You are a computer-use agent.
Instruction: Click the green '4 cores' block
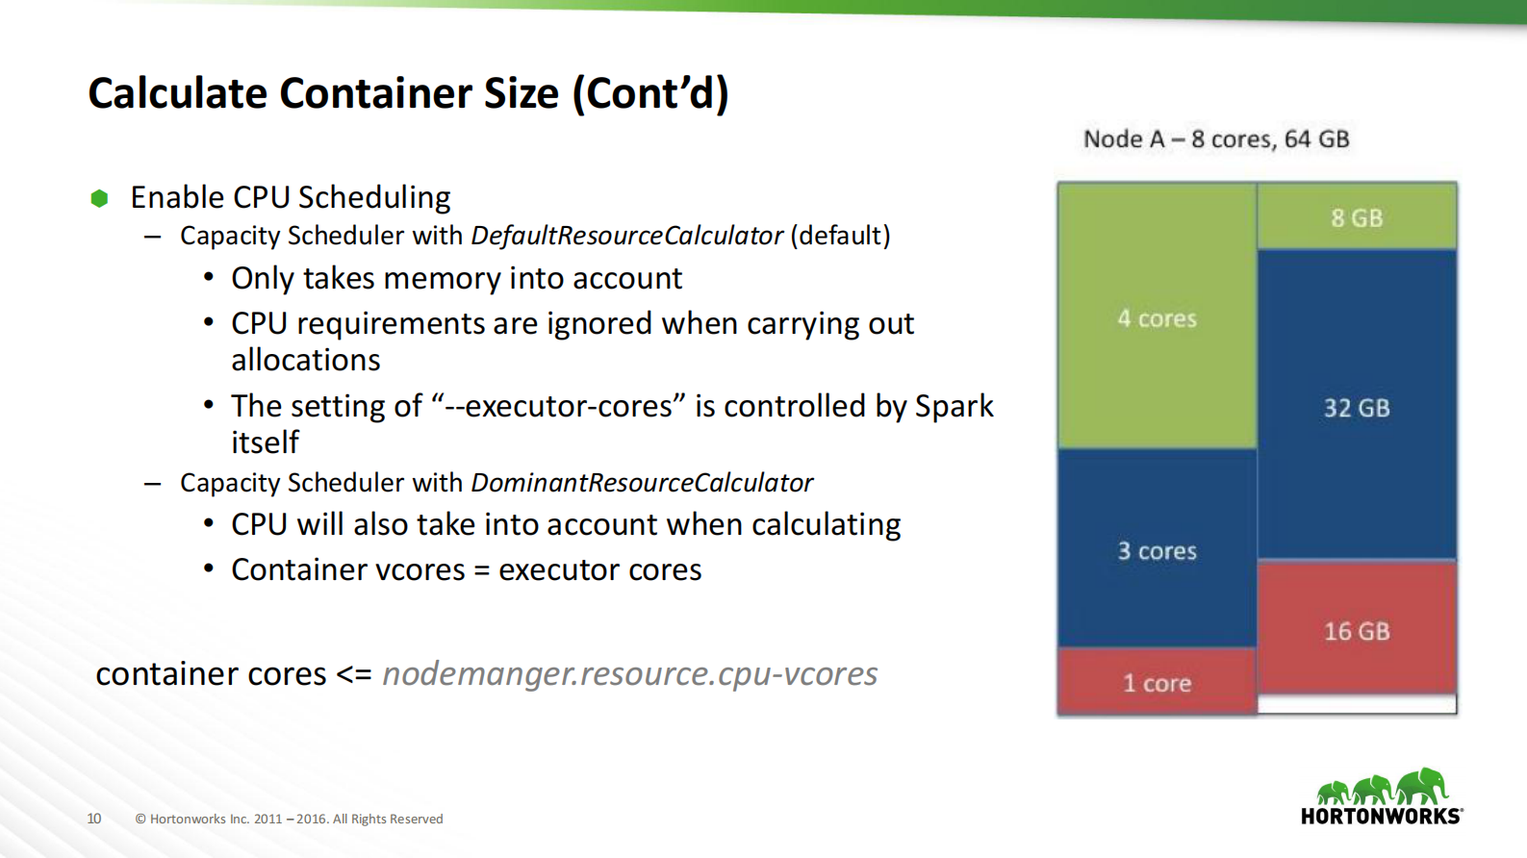tap(1157, 317)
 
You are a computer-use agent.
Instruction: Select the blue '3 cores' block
tap(1157, 550)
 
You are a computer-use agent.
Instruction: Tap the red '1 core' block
tap(1157, 683)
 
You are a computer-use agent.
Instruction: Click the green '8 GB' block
tap(1357, 217)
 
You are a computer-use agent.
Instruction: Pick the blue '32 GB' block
tap(1357, 407)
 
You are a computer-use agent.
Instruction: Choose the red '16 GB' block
tap(1357, 630)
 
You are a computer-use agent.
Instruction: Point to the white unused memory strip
tap(1357, 704)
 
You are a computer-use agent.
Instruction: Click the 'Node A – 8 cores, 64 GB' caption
tap(1216, 139)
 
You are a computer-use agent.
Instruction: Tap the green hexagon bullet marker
tap(99, 198)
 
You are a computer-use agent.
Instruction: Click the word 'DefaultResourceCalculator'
tap(626, 236)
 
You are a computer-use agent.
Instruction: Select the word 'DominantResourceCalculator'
tap(642, 482)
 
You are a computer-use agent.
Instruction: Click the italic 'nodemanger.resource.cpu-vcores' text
tap(629, 673)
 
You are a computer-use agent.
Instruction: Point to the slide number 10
tap(93, 819)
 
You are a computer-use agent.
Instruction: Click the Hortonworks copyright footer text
tap(289, 819)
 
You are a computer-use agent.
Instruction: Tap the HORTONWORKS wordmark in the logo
tap(1381, 816)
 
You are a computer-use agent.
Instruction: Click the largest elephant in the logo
tap(1422, 785)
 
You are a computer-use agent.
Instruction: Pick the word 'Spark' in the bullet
tap(954, 406)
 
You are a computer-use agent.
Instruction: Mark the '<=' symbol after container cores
tap(353, 673)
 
